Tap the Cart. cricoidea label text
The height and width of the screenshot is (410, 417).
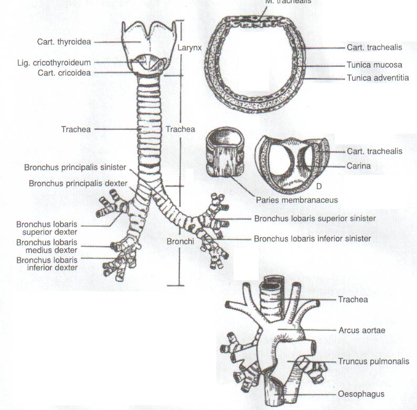pos(64,73)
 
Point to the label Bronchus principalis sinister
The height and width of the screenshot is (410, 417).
pos(75,167)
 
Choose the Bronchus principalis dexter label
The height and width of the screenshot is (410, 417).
pos(78,183)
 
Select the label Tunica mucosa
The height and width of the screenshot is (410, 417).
pos(374,65)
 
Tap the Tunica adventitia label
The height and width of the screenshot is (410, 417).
pos(378,78)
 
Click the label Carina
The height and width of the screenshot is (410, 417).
pos(358,166)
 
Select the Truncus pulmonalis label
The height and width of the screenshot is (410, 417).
pos(373,361)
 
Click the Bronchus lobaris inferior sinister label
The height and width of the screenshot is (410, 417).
pos(312,238)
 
